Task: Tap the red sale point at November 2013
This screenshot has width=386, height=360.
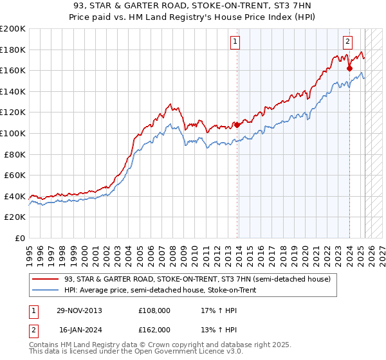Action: (x=237, y=125)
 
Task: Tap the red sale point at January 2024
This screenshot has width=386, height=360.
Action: (x=349, y=68)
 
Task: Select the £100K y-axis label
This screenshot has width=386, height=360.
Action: (x=13, y=133)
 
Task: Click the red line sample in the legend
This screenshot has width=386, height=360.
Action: (x=45, y=279)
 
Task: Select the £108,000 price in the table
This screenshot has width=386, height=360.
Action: (x=154, y=310)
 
